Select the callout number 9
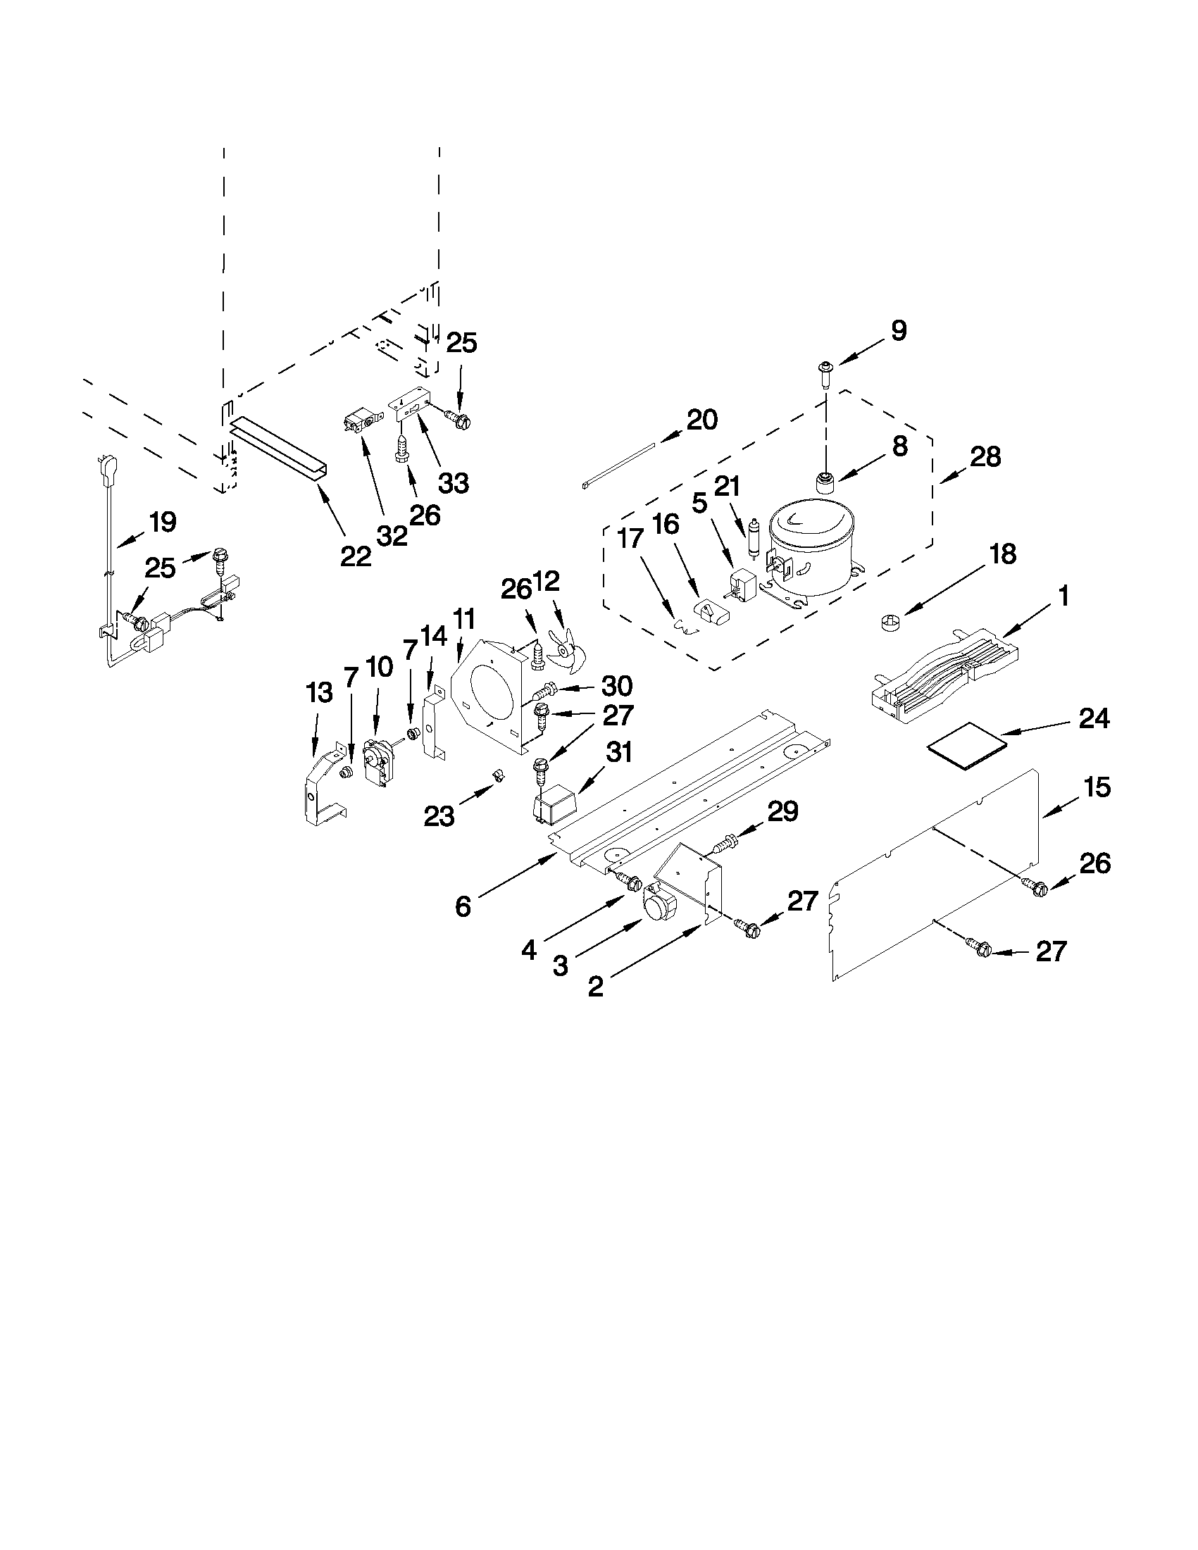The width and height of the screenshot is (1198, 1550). (898, 331)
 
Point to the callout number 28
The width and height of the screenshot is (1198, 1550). (986, 456)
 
